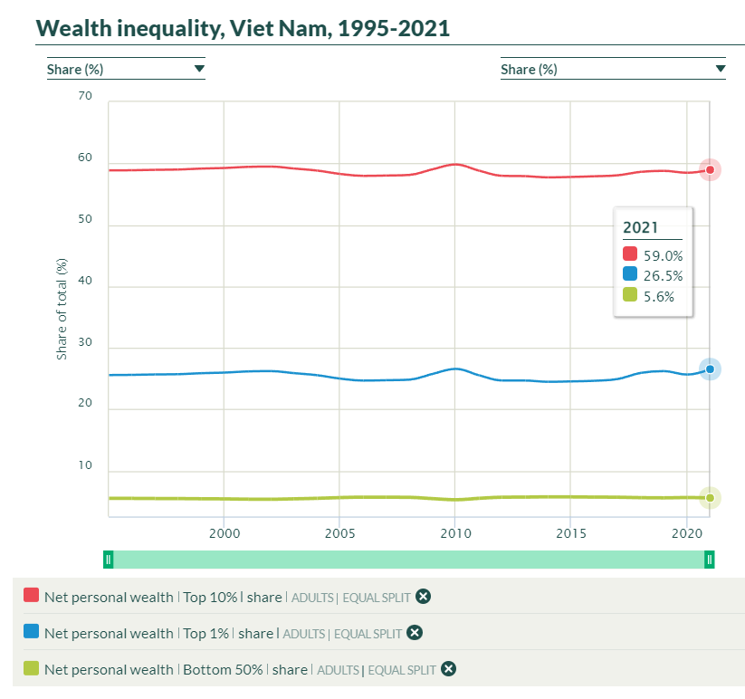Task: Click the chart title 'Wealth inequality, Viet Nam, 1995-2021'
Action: point(243,28)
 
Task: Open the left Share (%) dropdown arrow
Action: point(199,69)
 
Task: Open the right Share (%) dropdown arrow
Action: point(721,69)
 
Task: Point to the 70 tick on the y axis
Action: point(86,96)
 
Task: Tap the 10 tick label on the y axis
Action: point(86,466)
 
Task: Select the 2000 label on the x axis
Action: point(224,532)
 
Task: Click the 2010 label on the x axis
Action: point(455,532)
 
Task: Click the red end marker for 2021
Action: point(711,169)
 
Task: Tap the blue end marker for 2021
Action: point(711,369)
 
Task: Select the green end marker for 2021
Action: point(711,497)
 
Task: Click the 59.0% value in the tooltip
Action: point(663,256)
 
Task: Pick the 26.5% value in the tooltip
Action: point(663,276)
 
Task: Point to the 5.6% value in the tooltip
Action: point(659,296)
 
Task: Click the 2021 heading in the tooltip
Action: point(640,228)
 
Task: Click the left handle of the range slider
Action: point(108,560)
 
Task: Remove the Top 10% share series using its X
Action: point(423,597)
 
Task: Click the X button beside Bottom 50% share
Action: point(447,669)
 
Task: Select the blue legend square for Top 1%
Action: point(31,632)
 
